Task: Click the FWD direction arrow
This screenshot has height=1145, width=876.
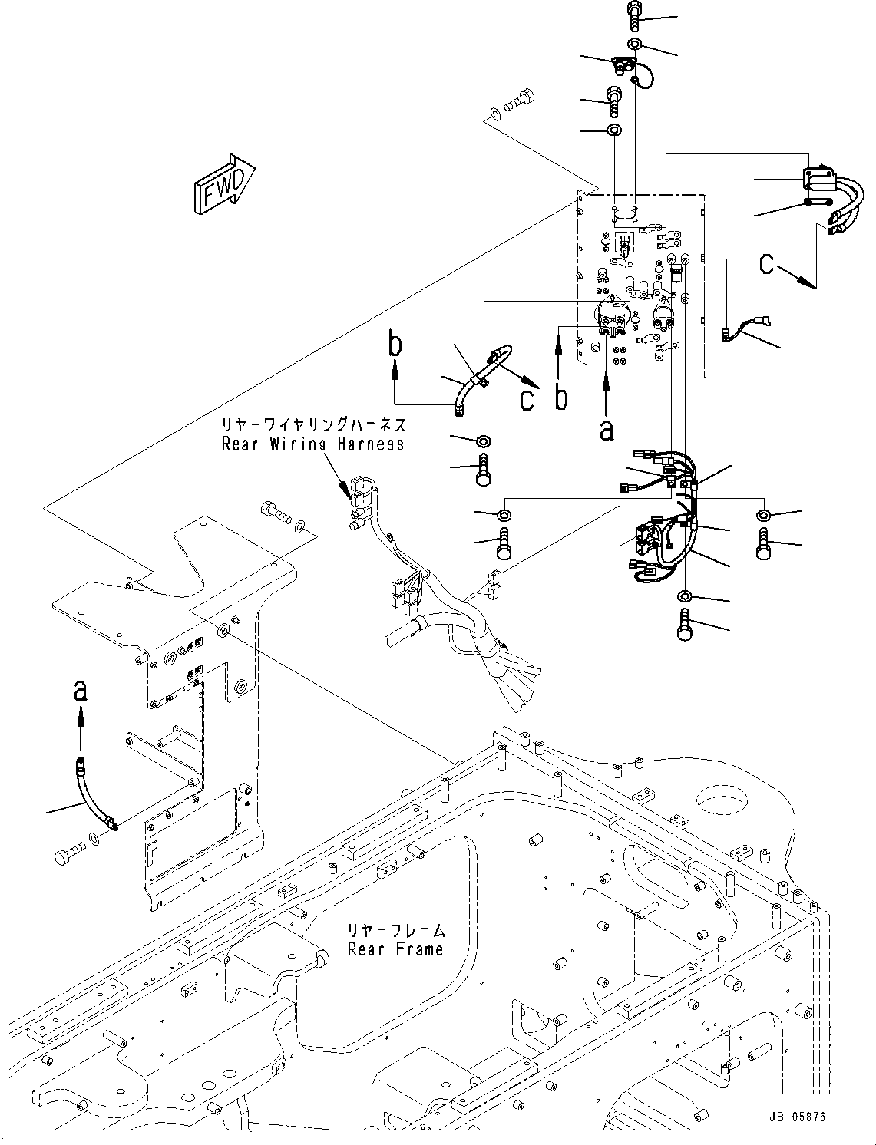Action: point(224,184)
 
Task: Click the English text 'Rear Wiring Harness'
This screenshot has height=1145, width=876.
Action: point(312,444)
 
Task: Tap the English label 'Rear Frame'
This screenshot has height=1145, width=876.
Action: point(395,949)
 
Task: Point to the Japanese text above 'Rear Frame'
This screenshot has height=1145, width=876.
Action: point(396,930)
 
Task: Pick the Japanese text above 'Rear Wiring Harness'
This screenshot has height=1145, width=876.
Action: point(313,425)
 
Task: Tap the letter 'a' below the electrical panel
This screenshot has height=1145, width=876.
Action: point(607,431)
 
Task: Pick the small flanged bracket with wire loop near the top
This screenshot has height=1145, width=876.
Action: point(622,64)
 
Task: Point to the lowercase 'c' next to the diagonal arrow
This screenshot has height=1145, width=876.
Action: point(527,400)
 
